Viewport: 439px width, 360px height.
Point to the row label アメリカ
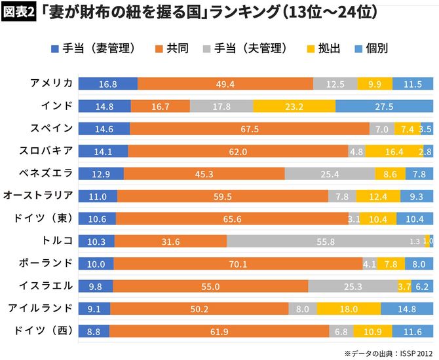click(x=52, y=83)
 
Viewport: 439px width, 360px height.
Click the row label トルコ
click(x=57, y=240)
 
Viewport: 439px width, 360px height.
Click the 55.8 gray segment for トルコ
click(x=326, y=241)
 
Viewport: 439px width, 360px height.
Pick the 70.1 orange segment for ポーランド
click(x=238, y=264)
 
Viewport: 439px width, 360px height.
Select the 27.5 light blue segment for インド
click(x=384, y=106)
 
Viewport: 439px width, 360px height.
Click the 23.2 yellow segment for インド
click(x=294, y=106)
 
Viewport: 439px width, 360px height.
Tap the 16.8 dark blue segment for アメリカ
click(x=108, y=84)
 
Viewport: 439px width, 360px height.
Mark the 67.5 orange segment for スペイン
click(x=250, y=129)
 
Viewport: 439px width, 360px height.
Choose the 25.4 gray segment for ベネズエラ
click(x=330, y=173)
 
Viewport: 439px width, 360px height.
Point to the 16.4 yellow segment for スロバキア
click(x=394, y=151)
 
